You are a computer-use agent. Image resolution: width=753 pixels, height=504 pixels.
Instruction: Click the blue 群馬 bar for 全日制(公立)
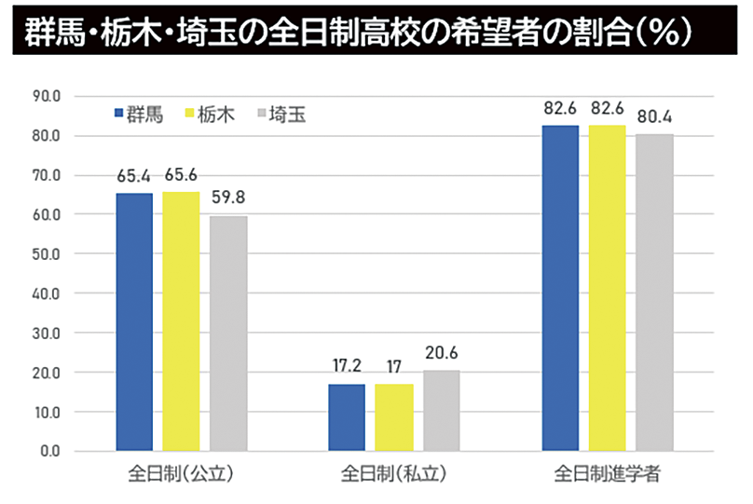point(134,322)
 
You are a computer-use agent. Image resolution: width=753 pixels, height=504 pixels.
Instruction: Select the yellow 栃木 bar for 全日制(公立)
point(181,321)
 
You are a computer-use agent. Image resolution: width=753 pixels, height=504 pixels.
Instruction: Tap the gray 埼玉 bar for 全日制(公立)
point(228,334)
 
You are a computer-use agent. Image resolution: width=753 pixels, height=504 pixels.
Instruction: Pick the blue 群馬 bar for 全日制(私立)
point(347,417)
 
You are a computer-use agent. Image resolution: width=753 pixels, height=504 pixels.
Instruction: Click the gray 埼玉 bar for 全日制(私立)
point(441,411)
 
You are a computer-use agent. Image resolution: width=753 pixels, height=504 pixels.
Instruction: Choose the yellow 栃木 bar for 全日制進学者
point(607,288)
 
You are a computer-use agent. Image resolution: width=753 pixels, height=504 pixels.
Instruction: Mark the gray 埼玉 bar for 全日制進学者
point(654,293)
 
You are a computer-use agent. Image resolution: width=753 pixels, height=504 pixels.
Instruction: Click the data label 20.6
point(441,353)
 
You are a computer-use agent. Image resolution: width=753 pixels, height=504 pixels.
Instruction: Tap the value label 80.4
point(654,117)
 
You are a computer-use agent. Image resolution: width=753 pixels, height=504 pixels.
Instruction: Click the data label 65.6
point(182,174)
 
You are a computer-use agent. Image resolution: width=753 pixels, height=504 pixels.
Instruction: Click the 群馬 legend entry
point(140,115)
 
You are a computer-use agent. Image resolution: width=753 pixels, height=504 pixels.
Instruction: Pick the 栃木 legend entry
point(210,115)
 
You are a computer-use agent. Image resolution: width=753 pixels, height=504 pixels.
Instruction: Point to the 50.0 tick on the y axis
point(48,254)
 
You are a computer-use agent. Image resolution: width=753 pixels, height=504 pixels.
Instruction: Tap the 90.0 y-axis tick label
point(48,96)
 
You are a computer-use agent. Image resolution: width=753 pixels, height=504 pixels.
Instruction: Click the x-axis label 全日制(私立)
point(393,473)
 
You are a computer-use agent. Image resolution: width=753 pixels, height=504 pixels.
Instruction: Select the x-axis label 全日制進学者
point(607,473)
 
